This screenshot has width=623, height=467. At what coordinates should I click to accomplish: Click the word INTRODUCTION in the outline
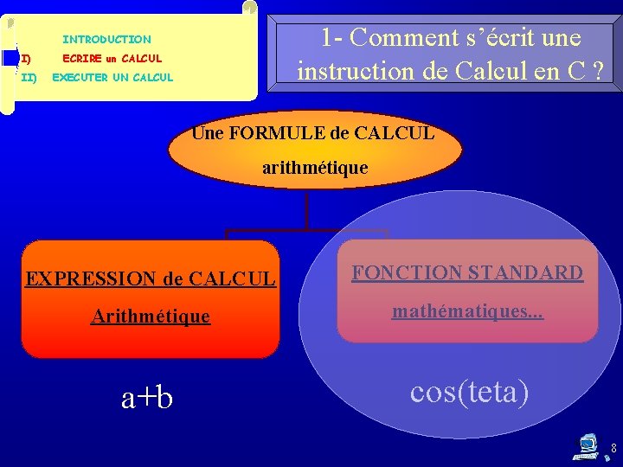coord(106,40)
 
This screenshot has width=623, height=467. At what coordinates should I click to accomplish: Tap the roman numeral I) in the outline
coord(26,59)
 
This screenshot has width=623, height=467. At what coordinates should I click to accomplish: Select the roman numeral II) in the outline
coord(29,78)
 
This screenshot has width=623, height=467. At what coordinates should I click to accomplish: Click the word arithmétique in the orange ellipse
coord(315,168)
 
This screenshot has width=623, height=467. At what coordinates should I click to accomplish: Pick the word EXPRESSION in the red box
coord(91,279)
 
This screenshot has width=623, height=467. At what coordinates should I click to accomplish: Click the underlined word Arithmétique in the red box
coord(151,317)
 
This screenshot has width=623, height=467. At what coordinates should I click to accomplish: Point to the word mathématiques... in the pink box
coord(467,310)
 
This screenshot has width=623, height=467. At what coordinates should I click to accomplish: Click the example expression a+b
coord(147,397)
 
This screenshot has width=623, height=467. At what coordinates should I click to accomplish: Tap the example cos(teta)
coord(469,392)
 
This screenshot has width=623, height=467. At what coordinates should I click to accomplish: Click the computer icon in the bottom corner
coord(588,446)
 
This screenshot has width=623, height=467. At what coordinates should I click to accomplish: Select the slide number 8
coord(613,449)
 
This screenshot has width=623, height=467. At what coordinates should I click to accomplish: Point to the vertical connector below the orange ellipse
coord(306,210)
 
